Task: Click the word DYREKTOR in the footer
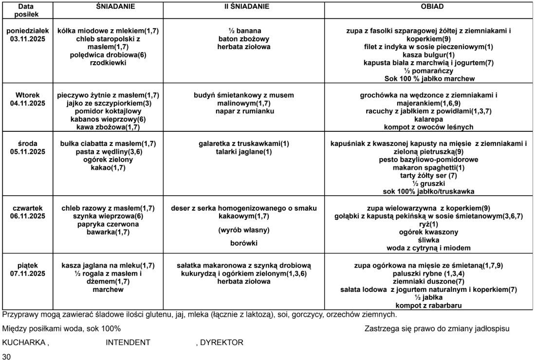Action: coord(221,342)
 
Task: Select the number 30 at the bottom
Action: coord(6,356)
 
